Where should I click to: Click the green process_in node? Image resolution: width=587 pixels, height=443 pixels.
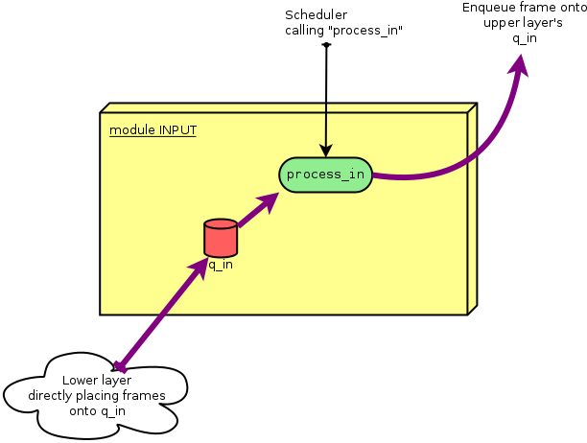pos(325,175)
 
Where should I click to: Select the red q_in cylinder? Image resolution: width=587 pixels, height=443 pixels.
pos(221,237)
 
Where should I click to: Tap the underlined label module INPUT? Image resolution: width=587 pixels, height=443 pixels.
pos(153,129)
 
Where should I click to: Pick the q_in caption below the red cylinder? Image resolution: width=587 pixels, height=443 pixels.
pos(221,265)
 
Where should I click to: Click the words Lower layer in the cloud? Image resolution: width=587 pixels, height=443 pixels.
pos(96,380)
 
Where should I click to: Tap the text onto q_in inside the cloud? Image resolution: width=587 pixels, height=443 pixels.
pos(97,410)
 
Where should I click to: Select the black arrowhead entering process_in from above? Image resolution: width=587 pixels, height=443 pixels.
pos(326,150)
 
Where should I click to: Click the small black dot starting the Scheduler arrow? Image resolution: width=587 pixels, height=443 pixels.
pos(326,44)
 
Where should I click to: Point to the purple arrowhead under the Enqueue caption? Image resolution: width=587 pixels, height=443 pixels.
pos(521,63)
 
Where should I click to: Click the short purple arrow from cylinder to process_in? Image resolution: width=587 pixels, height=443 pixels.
pos(256,210)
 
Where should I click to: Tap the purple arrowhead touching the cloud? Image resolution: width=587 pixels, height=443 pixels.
pos(121,363)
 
